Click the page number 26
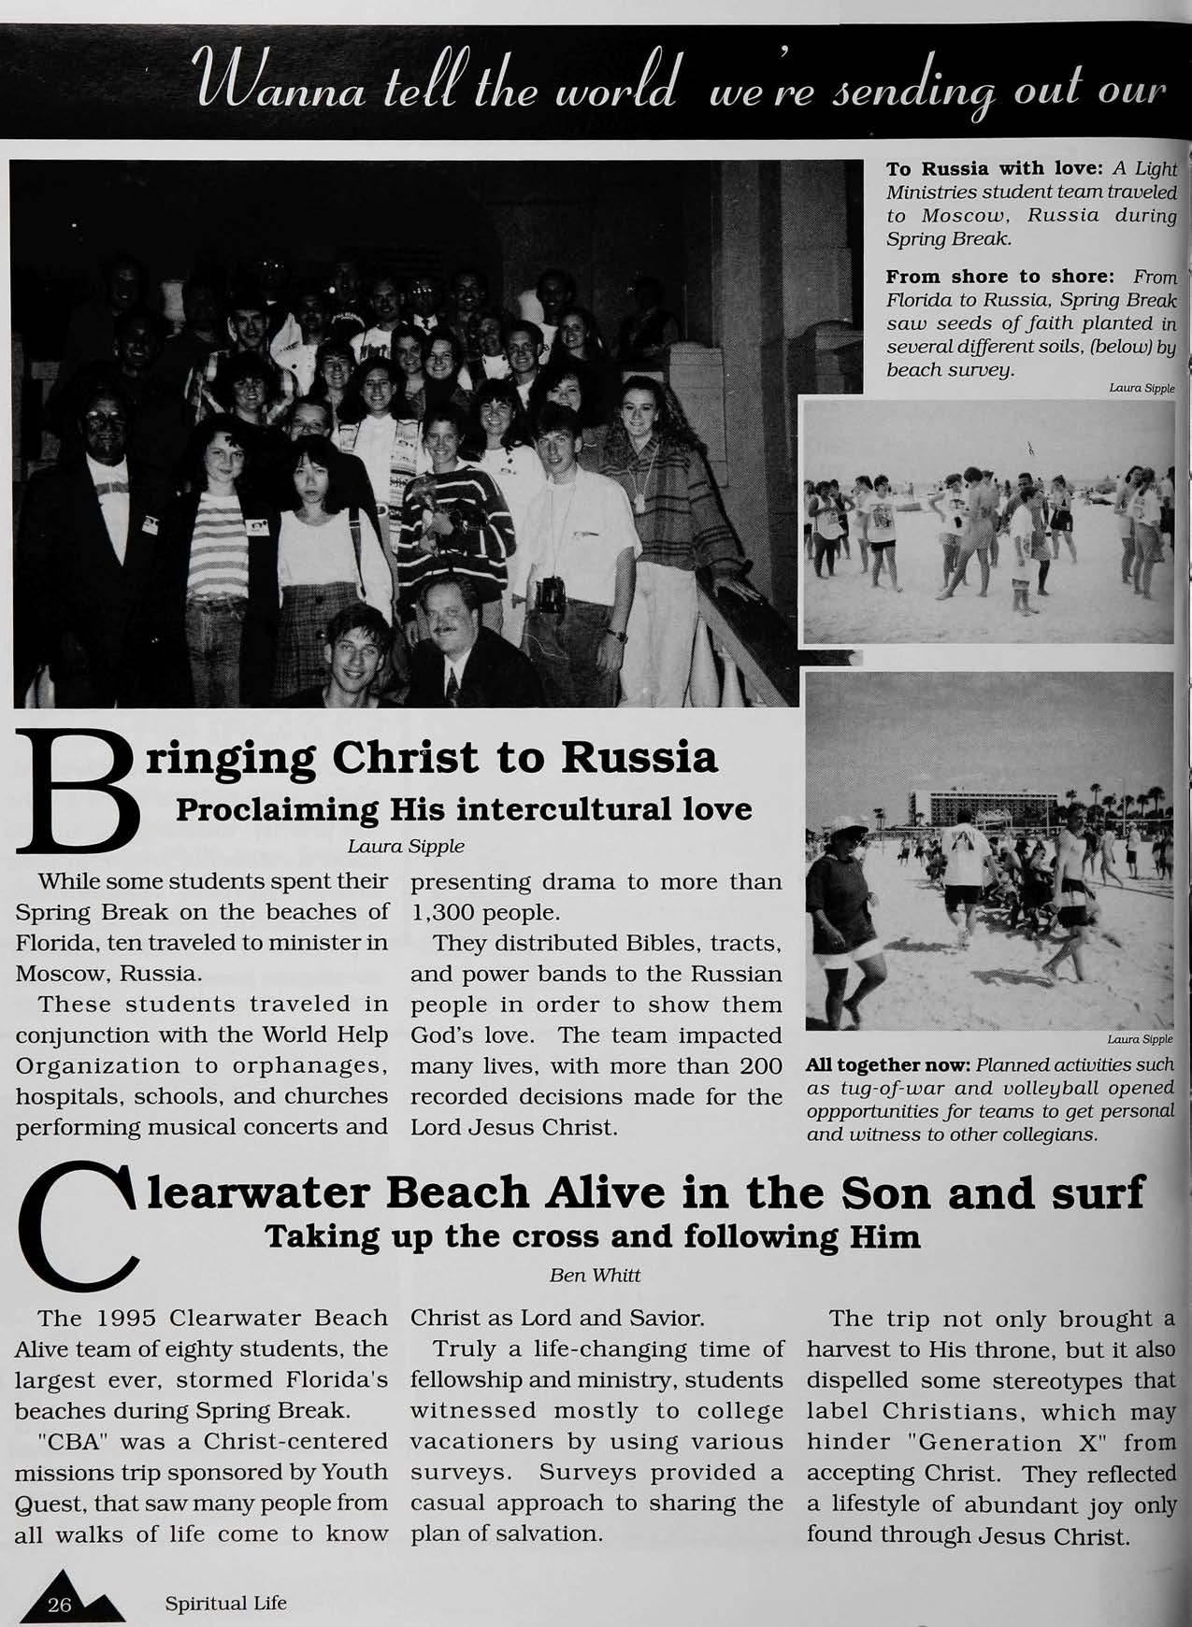tap(60, 1605)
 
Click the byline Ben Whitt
tap(593, 1275)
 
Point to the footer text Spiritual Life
tap(225, 1604)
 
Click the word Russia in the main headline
tap(639, 758)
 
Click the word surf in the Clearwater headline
tap(1095, 1193)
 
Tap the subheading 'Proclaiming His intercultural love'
tap(464, 808)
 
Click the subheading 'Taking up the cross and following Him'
tap(593, 1237)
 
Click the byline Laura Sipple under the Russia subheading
tap(406, 848)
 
